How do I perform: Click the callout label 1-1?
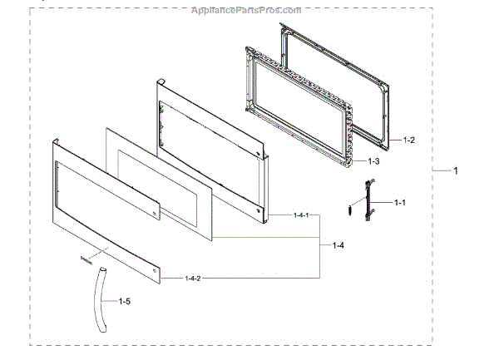[x=399, y=202]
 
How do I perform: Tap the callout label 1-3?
[x=375, y=161]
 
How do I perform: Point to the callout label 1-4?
[x=340, y=245]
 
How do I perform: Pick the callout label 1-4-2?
[x=192, y=278]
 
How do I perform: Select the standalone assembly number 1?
[x=455, y=170]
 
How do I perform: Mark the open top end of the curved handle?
[x=102, y=270]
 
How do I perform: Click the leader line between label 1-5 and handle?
[x=112, y=300]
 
